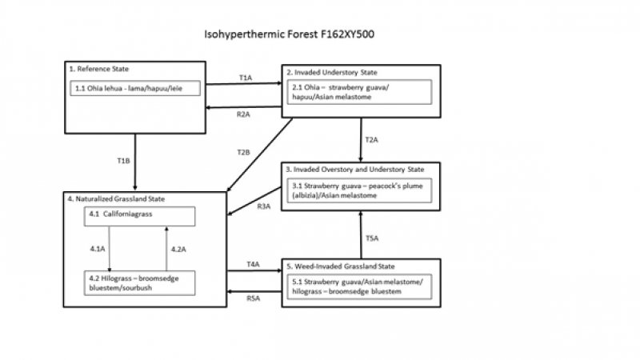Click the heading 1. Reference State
click(x=99, y=70)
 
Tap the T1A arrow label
click(x=246, y=77)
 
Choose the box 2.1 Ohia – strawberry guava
click(x=362, y=91)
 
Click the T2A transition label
click(x=371, y=140)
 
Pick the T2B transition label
click(x=244, y=151)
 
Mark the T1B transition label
click(x=123, y=161)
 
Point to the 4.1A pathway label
click(x=97, y=250)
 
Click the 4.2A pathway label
click(x=179, y=250)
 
